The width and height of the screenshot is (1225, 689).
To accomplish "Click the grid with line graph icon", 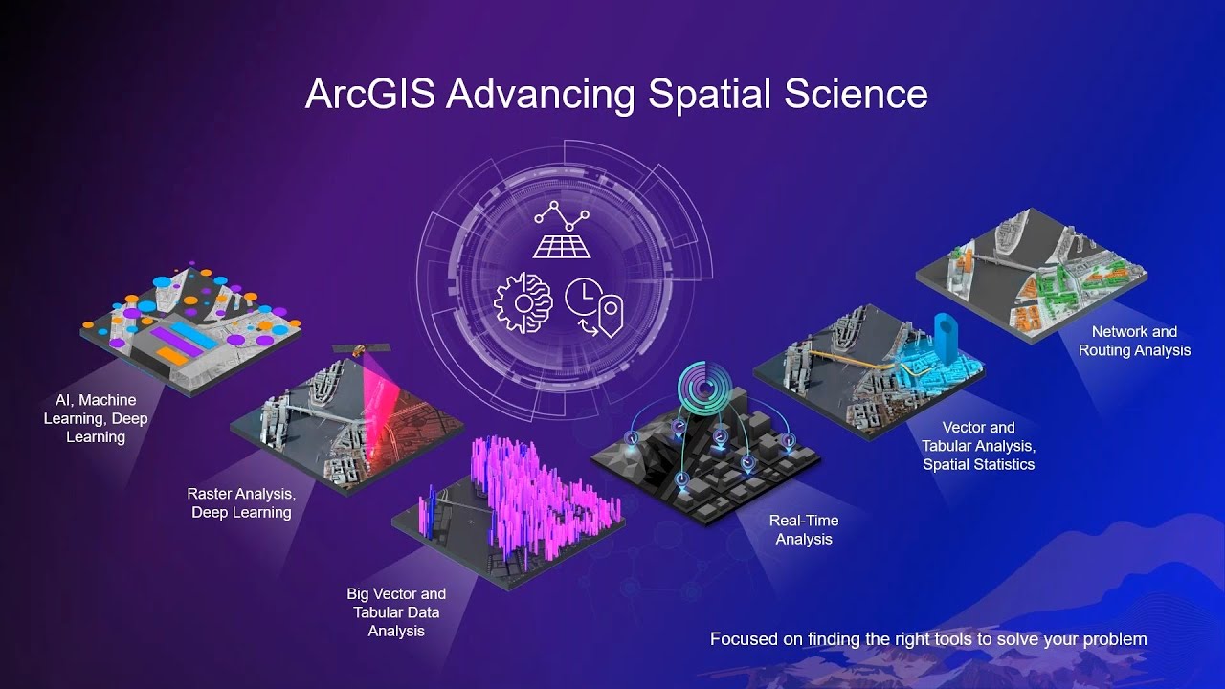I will [563, 231].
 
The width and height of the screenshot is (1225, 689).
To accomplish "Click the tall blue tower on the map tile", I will [946, 339].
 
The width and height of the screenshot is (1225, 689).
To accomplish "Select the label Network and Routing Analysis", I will [1134, 341].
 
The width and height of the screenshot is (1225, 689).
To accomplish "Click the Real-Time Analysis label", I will [804, 530].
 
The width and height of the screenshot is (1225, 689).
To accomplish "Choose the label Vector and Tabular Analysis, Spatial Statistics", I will [978, 446].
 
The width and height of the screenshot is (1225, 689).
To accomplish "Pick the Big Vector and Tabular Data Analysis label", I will [396, 612].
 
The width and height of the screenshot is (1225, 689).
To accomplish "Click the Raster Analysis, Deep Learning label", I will [241, 503].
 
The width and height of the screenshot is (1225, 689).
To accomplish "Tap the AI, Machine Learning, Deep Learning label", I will [96, 418].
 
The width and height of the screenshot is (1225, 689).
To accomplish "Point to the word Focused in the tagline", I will [745, 639].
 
